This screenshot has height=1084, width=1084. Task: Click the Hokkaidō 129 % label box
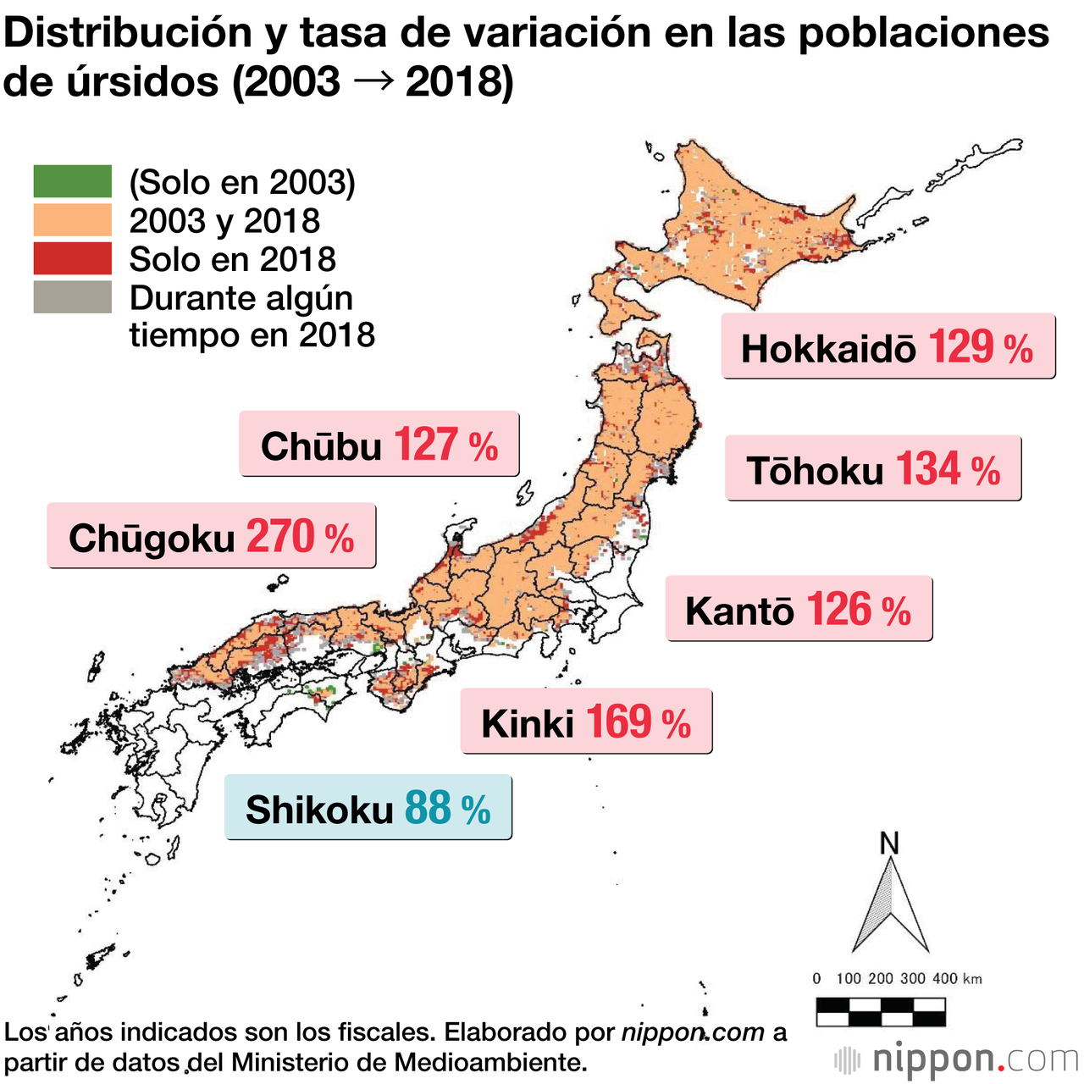click(888, 347)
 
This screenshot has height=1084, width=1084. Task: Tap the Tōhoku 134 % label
click(873, 469)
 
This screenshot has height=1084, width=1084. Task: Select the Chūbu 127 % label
click(379, 445)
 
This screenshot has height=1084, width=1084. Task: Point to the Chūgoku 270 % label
click(211, 536)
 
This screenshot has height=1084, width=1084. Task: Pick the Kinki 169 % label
click(586, 722)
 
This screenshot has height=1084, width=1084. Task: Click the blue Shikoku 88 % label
click(368, 808)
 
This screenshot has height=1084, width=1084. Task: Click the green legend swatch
click(73, 181)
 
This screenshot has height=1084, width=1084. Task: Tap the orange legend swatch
click(73, 220)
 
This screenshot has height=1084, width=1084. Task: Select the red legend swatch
click(73, 258)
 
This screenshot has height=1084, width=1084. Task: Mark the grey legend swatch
click(73, 297)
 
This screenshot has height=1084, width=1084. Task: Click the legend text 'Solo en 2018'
click(233, 259)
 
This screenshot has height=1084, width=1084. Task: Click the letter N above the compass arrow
click(889, 843)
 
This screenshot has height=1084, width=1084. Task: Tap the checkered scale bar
click(881, 1012)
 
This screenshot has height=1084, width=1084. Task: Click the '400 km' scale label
click(958, 979)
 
